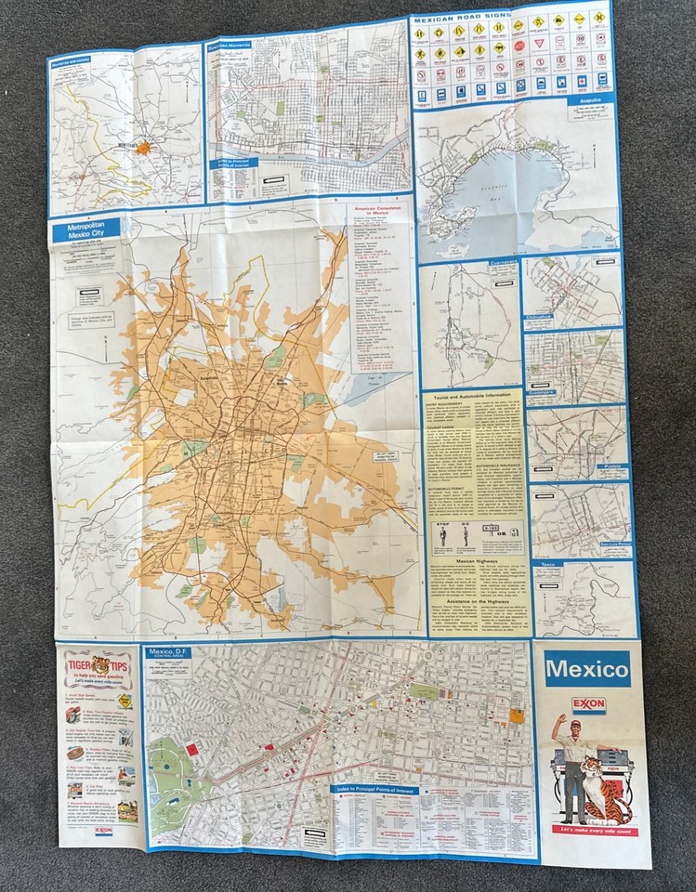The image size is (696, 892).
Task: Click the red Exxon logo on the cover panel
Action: pos(587,705)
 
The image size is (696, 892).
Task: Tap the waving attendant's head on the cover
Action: pos(575,728)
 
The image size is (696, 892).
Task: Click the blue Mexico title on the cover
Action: pos(586,668)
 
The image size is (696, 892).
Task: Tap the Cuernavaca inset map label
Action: pos(493,265)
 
